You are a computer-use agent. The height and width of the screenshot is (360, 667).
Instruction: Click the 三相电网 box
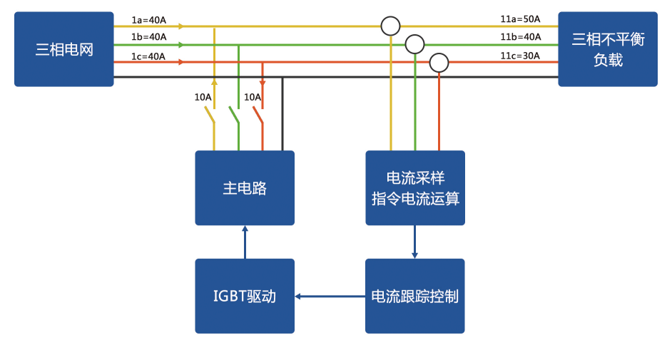click(x=63, y=49)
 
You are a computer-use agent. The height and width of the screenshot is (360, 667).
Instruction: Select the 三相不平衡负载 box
click(x=608, y=49)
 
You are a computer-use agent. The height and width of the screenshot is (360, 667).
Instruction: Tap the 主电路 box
click(x=245, y=188)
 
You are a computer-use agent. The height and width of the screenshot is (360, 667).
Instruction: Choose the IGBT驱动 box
click(x=245, y=296)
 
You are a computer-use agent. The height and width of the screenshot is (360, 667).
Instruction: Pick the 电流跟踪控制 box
click(x=414, y=296)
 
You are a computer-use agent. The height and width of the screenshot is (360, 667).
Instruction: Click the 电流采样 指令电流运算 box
click(x=415, y=188)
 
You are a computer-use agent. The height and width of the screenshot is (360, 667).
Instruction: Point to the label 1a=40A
click(x=149, y=20)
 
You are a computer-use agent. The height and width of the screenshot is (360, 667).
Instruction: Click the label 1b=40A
click(x=149, y=37)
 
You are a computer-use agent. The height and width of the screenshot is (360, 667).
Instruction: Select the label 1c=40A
click(x=148, y=56)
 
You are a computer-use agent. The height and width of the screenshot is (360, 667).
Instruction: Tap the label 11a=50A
click(x=520, y=19)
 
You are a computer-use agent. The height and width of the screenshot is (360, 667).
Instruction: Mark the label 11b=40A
click(x=521, y=37)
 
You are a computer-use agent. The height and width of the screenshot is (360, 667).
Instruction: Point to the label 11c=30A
click(x=520, y=56)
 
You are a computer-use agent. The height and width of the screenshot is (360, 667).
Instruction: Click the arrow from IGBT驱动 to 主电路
click(x=245, y=242)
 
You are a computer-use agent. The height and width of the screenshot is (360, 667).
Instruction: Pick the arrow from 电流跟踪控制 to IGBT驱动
click(x=330, y=297)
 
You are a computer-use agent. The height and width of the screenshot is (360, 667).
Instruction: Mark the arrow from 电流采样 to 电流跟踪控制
click(x=414, y=242)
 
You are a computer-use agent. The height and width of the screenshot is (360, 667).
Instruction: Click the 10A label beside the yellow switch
click(x=203, y=98)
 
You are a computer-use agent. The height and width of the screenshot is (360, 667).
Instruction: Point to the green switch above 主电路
click(x=235, y=115)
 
